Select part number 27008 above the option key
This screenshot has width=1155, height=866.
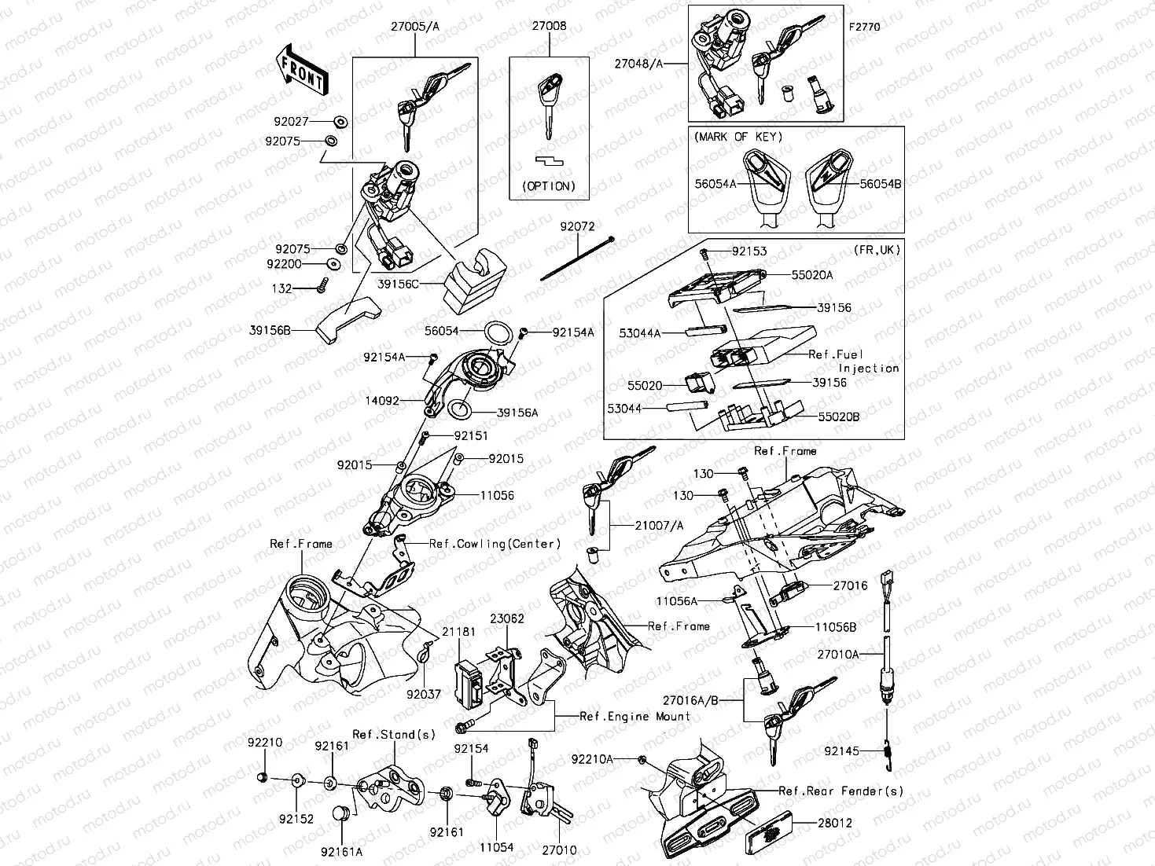click(549, 26)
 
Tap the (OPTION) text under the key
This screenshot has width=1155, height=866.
click(549, 186)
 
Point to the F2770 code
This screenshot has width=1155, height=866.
click(864, 27)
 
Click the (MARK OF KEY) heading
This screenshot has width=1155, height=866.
click(738, 137)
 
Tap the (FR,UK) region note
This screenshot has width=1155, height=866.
click(875, 250)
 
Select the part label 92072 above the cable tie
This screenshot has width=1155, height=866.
click(577, 226)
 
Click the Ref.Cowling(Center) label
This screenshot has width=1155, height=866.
click(495, 544)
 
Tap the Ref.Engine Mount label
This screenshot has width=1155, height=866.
click(635, 716)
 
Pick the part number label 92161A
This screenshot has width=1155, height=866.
click(341, 850)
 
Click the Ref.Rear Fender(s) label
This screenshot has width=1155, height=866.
click(841, 791)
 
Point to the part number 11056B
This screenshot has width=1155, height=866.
click(835, 627)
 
